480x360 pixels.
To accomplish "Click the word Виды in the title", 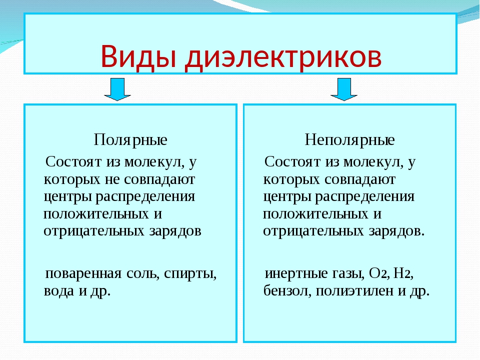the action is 138,56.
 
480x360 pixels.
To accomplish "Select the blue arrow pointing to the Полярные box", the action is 117,89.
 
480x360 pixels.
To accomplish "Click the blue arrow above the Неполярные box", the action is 344,89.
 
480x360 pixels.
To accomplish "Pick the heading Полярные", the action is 130,140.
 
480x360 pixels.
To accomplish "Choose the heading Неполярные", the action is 349,140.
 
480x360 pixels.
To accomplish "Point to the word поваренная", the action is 83,273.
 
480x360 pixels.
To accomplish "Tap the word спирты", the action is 190,274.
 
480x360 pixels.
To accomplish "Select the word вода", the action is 59,290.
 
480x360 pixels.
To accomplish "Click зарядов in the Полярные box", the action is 175,231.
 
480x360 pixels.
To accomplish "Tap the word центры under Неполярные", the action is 287,197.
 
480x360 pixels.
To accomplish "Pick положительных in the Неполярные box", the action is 315,214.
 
